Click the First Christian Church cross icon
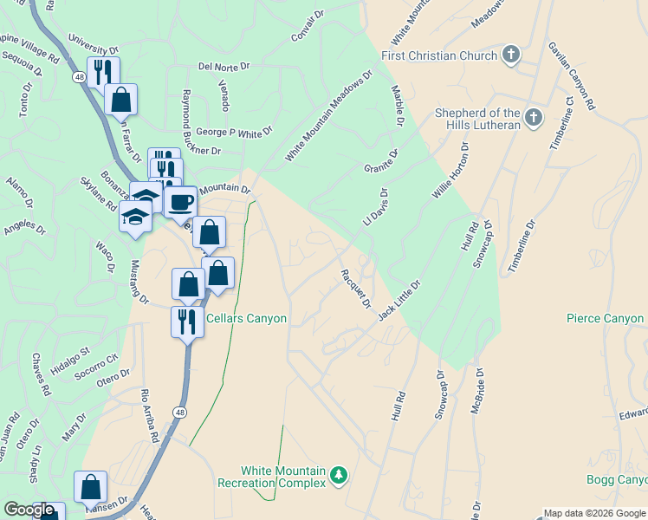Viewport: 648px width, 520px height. pos(511,55)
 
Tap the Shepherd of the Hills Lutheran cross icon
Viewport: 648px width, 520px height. pos(533,117)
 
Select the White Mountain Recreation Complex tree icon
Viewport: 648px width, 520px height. pos(339,475)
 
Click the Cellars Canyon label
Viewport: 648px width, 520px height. pos(247,319)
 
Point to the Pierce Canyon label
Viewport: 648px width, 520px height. pos(606,319)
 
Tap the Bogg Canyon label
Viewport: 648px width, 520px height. pos(616,479)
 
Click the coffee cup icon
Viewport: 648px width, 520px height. pos(180,203)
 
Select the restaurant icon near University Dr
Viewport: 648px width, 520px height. pos(103,72)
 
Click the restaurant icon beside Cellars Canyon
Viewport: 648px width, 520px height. pos(187,322)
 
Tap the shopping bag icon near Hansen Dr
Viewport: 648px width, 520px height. pos(91,487)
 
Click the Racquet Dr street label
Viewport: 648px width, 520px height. pos(355,289)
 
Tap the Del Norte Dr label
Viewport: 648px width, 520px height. pos(224,66)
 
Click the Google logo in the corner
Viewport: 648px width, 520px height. pos(29,510)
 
